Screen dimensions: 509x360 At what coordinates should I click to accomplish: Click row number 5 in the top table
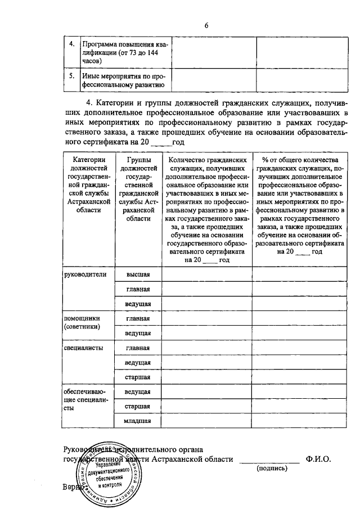[x=71, y=74]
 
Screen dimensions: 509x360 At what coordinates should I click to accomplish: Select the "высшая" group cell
[x=138, y=274]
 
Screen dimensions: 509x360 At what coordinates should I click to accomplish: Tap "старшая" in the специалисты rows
[x=138, y=376]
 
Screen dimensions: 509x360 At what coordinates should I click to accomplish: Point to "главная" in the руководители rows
[x=138, y=289]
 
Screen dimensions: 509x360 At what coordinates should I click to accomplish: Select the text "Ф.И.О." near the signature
[x=319, y=459]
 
